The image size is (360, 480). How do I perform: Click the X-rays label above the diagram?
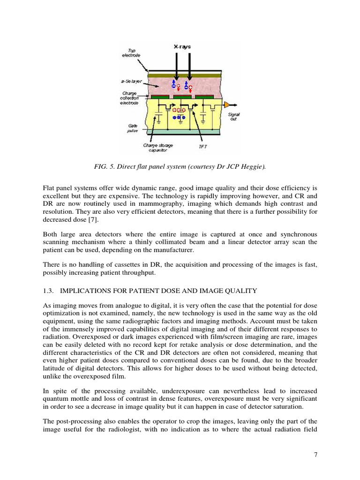(183, 47)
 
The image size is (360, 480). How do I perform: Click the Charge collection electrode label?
(129, 97)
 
